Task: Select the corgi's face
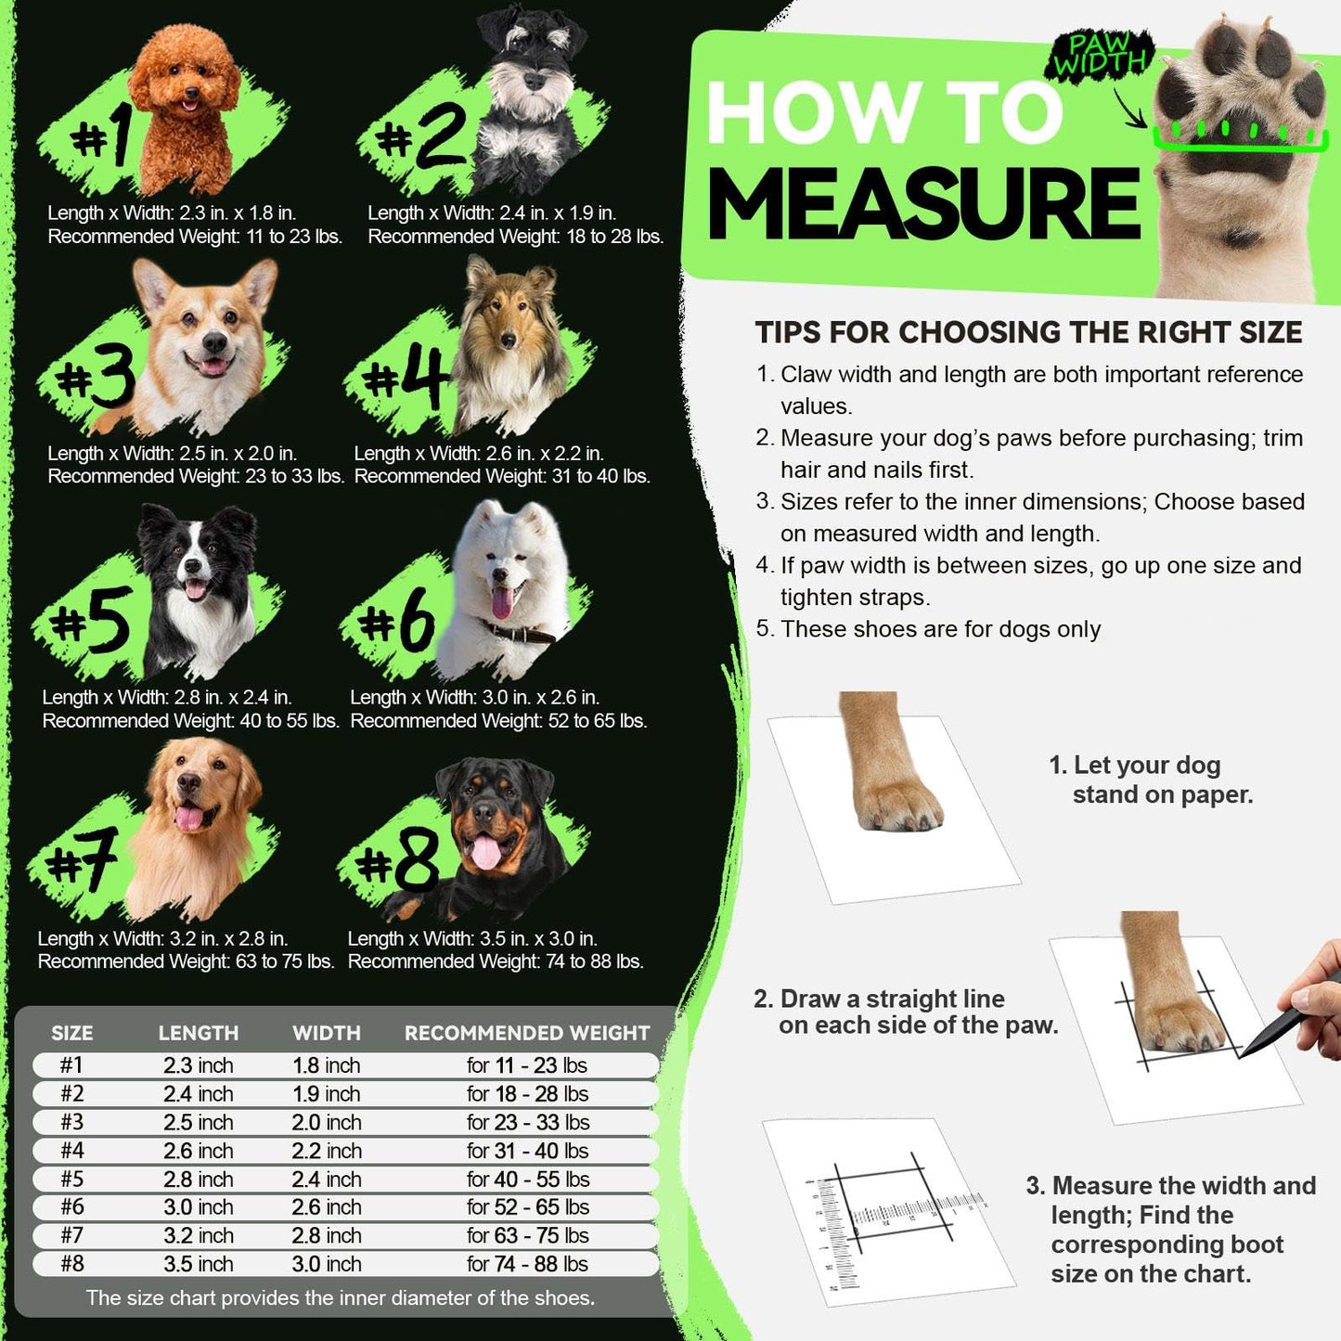(x=208, y=334)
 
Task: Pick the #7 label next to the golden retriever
(x=84, y=858)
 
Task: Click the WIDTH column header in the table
(x=327, y=1033)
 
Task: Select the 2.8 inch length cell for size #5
(x=199, y=1179)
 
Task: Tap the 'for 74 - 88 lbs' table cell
(x=527, y=1264)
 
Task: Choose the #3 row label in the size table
(x=71, y=1122)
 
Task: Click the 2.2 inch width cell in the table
(x=327, y=1151)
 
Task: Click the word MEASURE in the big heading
(x=923, y=204)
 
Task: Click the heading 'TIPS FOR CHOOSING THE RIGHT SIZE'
(x=1028, y=332)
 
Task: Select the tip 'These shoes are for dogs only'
(x=939, y=629)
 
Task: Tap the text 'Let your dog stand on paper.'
(x=1151, y=780)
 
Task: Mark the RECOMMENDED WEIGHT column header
(x=527, y=1033)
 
